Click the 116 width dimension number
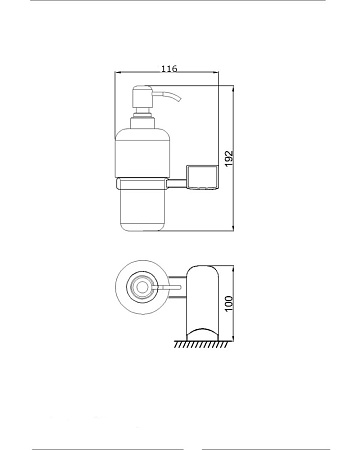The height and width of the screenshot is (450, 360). (x=169, y=69)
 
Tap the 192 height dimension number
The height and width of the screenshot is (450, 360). (x=229, y=159)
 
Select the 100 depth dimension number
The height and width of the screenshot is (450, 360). (x=229, y=303)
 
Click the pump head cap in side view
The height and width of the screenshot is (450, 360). (x=143, y=97)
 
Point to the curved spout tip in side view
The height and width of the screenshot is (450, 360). (x=178, y=99)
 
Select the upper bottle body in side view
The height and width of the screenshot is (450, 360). (x=143, y=153)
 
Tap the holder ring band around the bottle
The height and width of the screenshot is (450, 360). (x=143, y=183)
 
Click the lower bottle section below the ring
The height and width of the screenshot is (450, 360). (x=143, y=210)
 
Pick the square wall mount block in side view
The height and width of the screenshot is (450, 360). (x=203, y=178)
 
